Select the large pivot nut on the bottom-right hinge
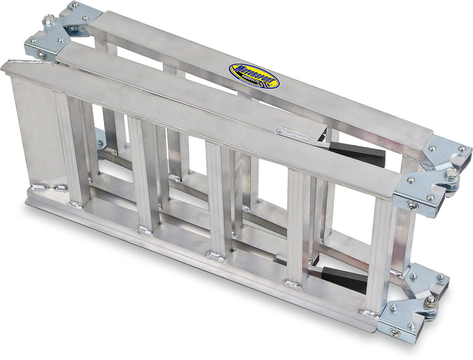point(431,301)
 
